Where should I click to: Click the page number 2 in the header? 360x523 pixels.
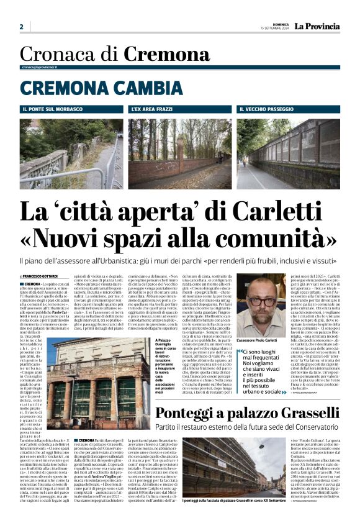[x=21, y=27]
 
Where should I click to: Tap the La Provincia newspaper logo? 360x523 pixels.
[x=317, y=26]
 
